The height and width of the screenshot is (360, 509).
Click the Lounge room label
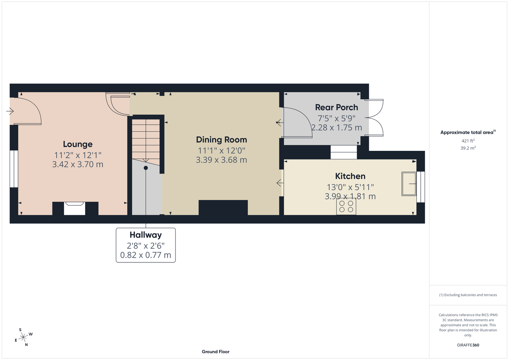coord(78,144)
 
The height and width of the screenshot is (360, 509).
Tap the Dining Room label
coord(222,140)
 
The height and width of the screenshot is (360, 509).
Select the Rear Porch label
coord(336,107)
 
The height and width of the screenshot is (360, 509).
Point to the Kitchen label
coord(350,176)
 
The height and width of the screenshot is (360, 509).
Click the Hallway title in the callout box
coord(146,235)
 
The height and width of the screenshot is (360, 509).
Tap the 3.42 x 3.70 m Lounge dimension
coord(78,164)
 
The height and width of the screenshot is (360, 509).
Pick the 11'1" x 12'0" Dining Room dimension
coord(222,150)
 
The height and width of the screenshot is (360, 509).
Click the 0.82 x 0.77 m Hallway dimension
coord(146,255)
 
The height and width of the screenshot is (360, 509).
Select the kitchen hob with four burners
coord(346,207)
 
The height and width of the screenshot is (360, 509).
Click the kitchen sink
coord(409,184)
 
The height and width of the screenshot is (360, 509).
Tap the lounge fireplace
coord(75,208)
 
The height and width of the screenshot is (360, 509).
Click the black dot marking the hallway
coord(146,168)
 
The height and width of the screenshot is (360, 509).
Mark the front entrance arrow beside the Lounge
coord(10,111)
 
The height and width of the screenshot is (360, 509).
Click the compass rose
coord(23,337)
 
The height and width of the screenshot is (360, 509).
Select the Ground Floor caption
coord(216,352)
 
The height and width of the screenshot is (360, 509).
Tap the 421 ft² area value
coord(468,141)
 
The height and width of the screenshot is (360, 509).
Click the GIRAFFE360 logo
coord(468,345)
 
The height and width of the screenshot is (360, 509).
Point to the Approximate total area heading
coord(468,132)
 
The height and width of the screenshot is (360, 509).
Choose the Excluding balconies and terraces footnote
coord(468,295)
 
